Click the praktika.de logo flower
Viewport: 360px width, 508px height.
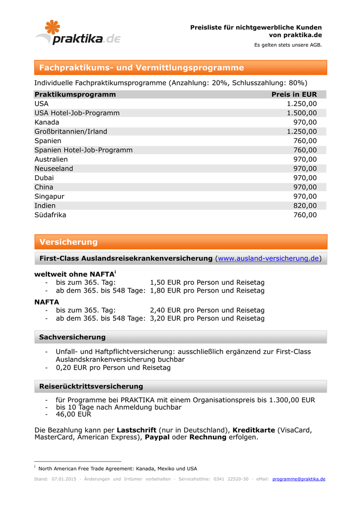pyautogui.click(x=52, y=28)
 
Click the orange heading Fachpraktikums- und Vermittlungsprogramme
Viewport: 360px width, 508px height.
pyautogui.click(x=142, y=67)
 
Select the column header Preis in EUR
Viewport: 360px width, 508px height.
pyautogui.click(x=294, y=94)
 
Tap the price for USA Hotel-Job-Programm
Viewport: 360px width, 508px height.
pyautogui.click(x=301, y=113)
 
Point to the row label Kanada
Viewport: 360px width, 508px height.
pyautogui.click(x=47, y=122)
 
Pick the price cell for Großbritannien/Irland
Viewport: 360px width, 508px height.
pyautogui.click(x=301, y=131)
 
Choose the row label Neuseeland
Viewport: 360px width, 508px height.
pyautogui.click(x=54, y=169)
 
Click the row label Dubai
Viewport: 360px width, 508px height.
pyautogui.click(x=44, y=178)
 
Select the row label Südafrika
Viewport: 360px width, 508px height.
pyautogui.click(x=50, y=215)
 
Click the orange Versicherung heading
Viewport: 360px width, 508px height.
pyautogui.click(x=69, y=242)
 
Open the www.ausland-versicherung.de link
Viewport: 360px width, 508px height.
pyautogui.click(x=269, y=258)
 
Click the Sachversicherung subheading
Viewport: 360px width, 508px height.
pyautogui.click(x=72, y=337)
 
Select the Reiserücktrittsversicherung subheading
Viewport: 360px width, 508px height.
pyautogui.click(x=91, y=386)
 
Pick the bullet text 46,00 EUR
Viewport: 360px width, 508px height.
pyautogui.click(x=73, y=414)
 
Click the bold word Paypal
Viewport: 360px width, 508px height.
pyautogui.click(x=157, y=437)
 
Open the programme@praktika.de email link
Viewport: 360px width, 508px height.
pyautogui.click(x=299, y=479)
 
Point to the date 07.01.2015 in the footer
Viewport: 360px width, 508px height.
pyautogui.click(x=64, y=479)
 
